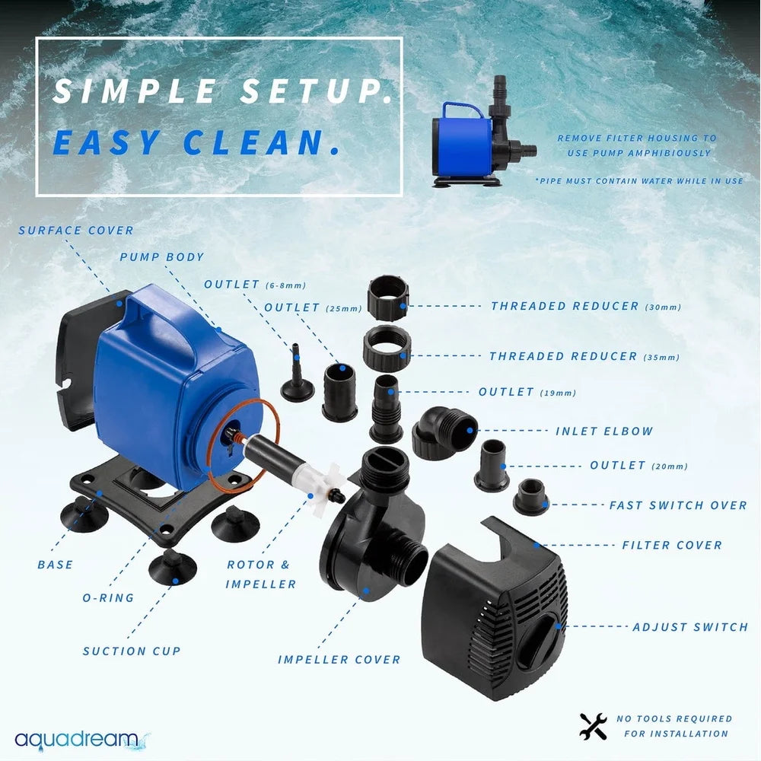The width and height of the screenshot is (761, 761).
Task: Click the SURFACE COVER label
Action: pos(76,230)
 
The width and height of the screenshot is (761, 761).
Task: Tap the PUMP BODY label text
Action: pos(161,257)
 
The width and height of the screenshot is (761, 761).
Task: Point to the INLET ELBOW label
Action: pos(604,431)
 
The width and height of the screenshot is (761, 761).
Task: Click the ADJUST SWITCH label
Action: pos(690,627)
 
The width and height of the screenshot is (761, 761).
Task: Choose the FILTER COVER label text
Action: pos(672,545)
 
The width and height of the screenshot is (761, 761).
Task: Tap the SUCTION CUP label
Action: pos(132,651)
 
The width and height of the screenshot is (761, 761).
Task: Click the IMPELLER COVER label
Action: pos(339,659)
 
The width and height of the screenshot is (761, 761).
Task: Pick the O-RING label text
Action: pos(108,597)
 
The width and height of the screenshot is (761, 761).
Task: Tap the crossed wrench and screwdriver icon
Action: pos(593,727)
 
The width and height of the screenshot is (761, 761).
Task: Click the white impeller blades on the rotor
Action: pos(326,486)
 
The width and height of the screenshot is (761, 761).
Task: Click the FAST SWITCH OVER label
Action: pos(678,505)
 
